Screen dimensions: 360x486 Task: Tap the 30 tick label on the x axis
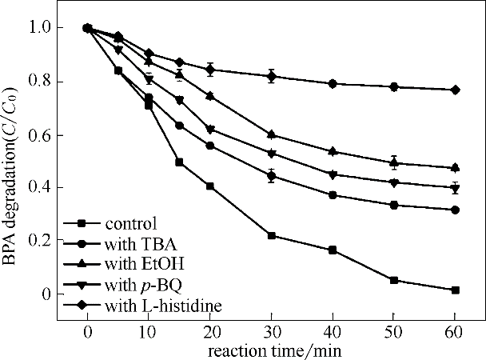(x=271, y=332)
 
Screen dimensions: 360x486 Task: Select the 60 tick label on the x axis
(x=455, y=332)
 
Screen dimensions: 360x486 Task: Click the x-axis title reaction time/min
(x=271, y=350)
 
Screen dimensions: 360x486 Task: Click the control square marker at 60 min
(x=455, y=290)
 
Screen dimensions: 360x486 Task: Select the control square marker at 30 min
(x=271, y=236)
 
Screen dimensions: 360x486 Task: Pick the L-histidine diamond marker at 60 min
(x=455, y=90)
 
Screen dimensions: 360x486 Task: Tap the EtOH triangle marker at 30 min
(x=271, y=134)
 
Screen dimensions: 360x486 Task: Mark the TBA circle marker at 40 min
(x=333, y=195)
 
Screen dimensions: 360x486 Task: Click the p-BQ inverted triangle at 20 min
(x=210, y=130)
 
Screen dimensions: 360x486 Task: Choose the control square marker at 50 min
(x=393, y=280)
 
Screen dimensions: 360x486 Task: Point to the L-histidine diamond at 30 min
(x=271, y=77)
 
